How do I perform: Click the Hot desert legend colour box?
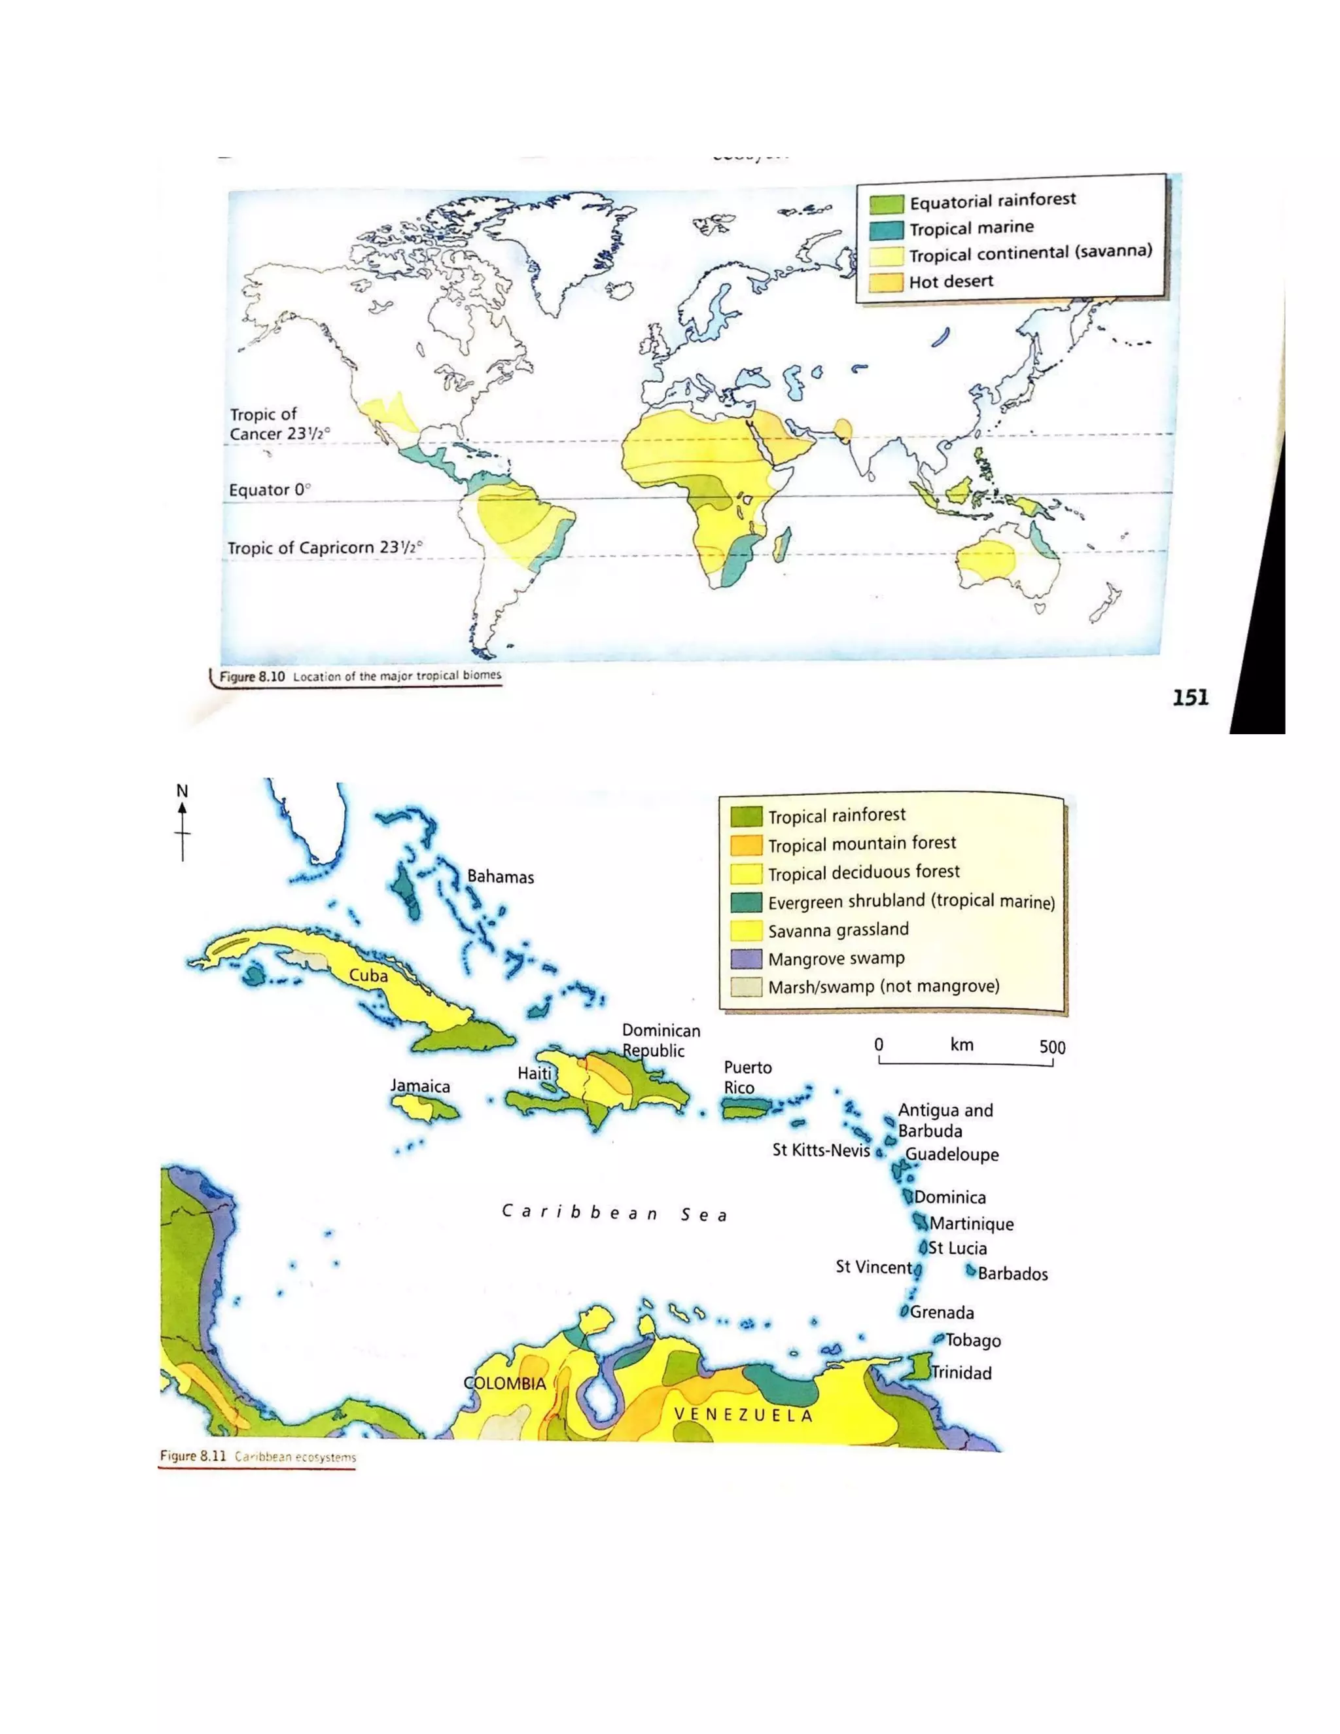tap(886, 283)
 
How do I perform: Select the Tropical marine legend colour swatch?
tap(887, 230)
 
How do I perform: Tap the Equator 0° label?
tap(269, 490)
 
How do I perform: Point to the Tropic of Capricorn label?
tap(325, 548)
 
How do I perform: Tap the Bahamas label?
tap(500, 877)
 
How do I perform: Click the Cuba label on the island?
tap(368, 975)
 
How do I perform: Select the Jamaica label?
tap(420, 1086)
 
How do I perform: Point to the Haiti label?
tap(535, 1073)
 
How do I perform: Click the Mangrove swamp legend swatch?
tap(746, 959)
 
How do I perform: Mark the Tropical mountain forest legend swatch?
tap(746, 845)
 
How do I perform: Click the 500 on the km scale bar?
tap(1052, 1046)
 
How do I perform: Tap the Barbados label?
tap(1013, 1274)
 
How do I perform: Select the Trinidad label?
tap(961, 1373)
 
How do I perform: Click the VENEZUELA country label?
tap(744, 1415)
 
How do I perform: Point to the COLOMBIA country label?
tap(505, 1383)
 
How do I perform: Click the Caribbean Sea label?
tap(614, 1213)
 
